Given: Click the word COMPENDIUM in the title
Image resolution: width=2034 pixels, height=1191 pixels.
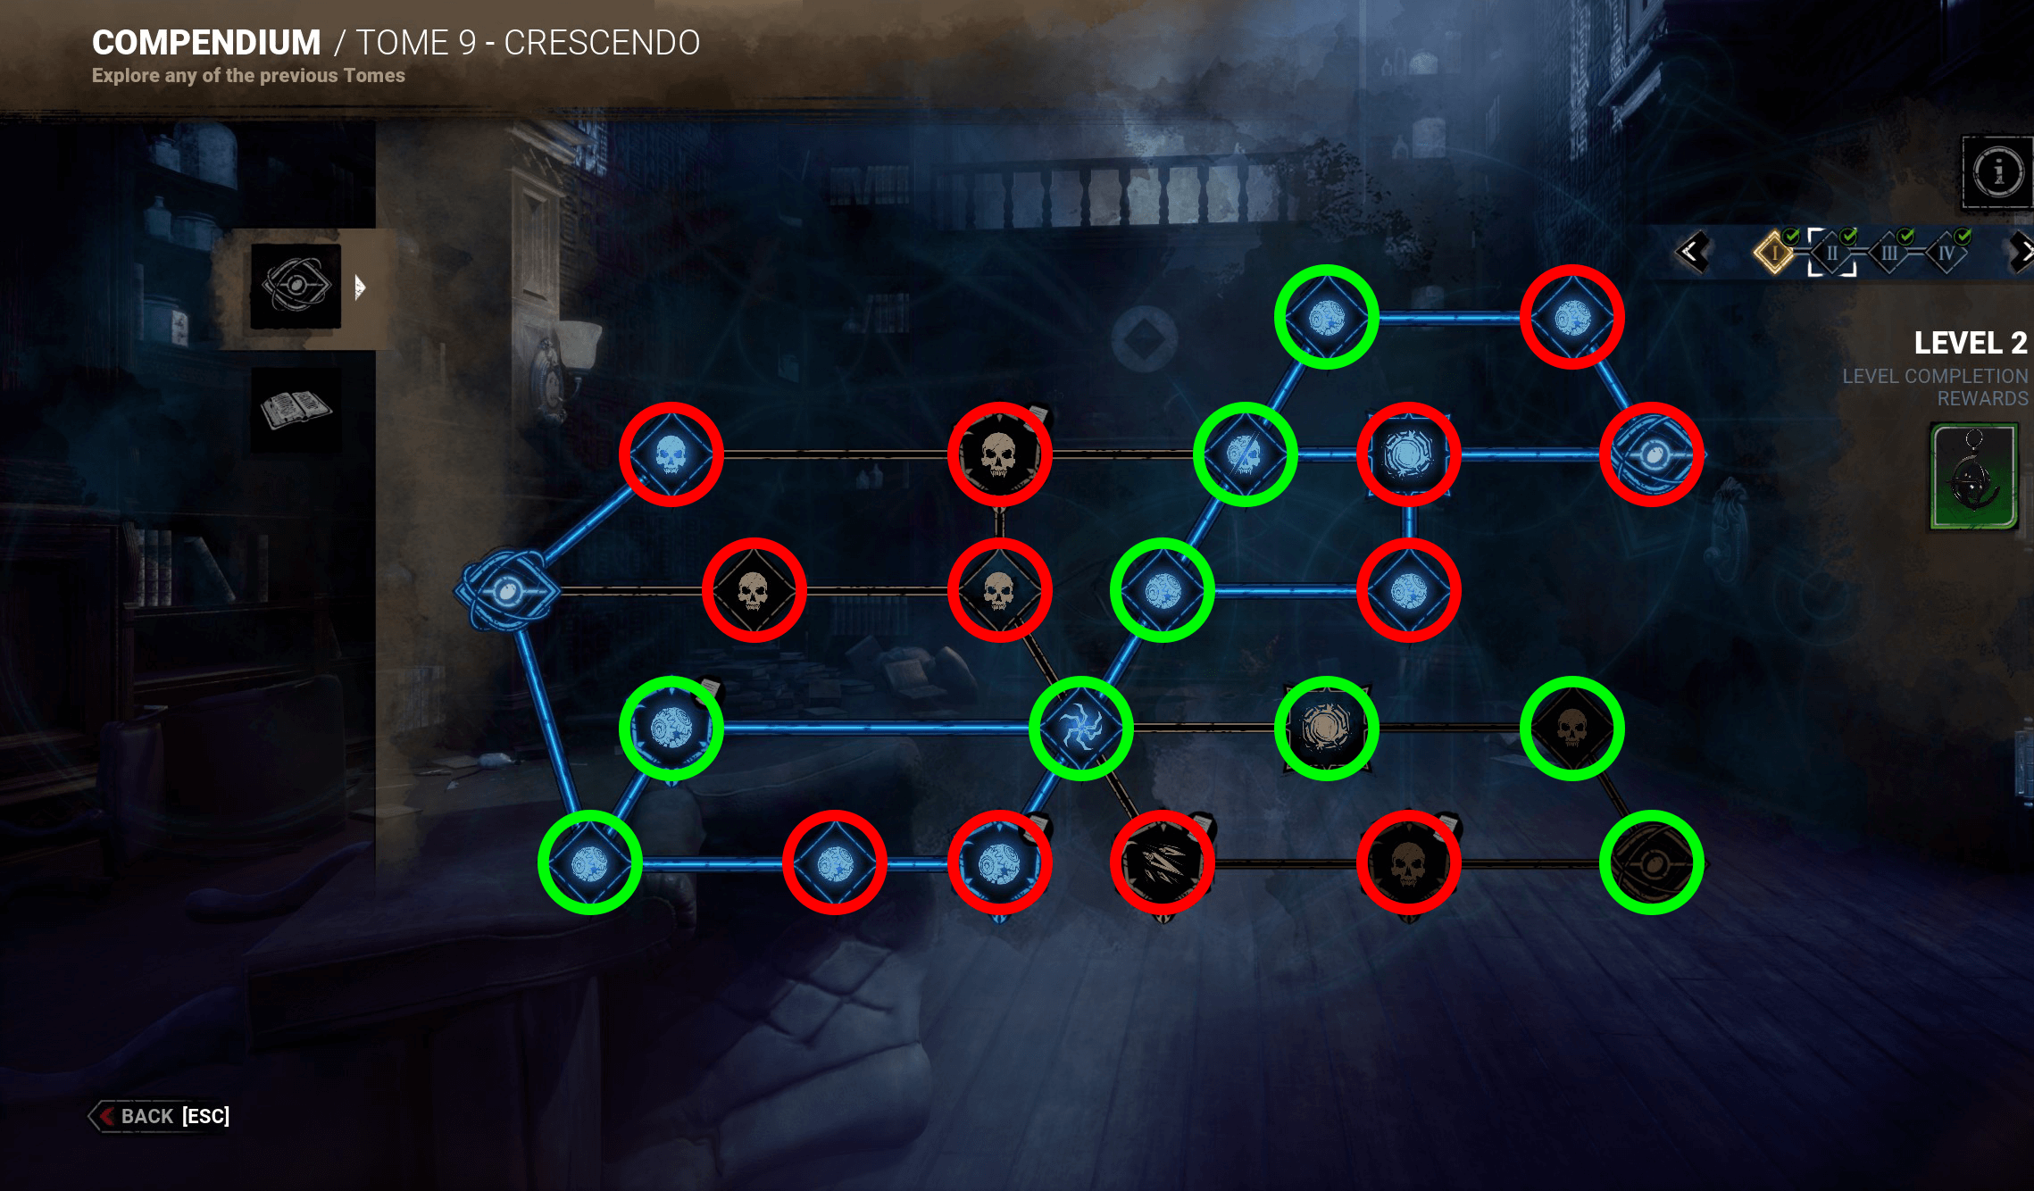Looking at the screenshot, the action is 206,43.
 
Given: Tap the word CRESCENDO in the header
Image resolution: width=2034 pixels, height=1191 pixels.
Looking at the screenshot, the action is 602,43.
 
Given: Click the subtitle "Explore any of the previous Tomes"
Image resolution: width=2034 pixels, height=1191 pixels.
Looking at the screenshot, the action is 248,76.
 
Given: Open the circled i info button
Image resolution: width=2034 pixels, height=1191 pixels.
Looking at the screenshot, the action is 1997,171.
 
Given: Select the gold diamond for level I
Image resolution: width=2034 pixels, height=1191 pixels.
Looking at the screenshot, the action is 1774,253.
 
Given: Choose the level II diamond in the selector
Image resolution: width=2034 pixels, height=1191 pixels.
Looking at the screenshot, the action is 1831,254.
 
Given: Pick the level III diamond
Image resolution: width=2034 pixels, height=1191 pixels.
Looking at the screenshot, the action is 1888,254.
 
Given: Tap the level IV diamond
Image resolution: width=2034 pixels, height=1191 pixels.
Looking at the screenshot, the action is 1946,254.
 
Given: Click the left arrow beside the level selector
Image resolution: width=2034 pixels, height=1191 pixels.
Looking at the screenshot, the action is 1691,253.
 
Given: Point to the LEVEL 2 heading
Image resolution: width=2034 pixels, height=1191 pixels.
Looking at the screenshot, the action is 1970,343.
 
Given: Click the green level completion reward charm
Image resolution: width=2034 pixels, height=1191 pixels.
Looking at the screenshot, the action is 1973,477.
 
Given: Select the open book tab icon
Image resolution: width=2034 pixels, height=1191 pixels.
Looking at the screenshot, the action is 296,409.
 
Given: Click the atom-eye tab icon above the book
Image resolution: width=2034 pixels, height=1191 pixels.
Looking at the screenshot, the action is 296,286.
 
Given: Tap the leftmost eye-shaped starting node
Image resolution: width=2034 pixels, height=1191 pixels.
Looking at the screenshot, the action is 507,590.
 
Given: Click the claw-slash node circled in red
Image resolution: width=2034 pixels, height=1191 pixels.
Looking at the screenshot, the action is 1163,862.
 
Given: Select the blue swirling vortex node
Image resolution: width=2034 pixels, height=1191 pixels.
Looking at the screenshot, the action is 1081,728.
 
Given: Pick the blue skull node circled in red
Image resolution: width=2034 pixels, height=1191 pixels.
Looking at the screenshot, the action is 671,454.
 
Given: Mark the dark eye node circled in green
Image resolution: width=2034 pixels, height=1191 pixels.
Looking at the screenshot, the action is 1652,862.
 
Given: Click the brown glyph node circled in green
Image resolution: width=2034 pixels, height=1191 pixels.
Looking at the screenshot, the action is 1327,728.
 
